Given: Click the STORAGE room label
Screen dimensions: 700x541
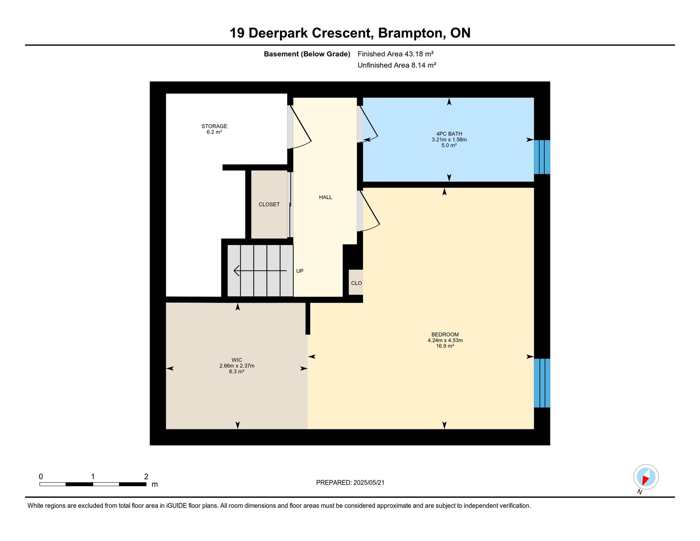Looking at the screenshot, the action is point(214,126).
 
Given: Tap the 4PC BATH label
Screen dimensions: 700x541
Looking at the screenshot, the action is point(449,134).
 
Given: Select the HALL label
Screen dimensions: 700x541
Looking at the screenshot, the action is point(325,197).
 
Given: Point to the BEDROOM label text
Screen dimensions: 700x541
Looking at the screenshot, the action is point(445,334).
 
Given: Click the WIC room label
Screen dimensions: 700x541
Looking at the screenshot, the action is point(237,360).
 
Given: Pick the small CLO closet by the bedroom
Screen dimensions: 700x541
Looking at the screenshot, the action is point(356,282).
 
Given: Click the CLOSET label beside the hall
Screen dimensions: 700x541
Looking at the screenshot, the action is point(269,204).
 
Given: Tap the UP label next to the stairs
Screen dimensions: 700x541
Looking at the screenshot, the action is point(300,271).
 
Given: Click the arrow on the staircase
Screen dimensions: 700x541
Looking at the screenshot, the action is point(260,270).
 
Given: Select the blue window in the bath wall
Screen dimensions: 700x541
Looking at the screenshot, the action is point(542,157).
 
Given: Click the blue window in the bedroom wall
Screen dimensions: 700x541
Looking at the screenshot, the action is point(542,383).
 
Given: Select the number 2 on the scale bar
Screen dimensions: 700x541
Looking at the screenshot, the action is point(146,476).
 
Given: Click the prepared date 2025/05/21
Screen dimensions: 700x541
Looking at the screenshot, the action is point(369,483).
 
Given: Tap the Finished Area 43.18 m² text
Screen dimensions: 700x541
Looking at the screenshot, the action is point(395,54).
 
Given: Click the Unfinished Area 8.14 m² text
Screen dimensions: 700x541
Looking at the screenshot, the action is point(397,65).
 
